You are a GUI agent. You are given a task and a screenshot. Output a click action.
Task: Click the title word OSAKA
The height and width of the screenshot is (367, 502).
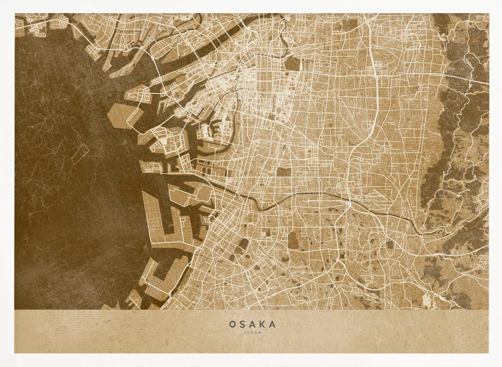(252, 324)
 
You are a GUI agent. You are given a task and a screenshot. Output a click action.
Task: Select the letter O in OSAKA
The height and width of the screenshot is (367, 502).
(232, 324)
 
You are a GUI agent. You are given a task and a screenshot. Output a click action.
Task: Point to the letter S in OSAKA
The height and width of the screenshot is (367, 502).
(242, 324)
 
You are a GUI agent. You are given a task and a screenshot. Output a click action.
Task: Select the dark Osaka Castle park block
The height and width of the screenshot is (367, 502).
(292, 64)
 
